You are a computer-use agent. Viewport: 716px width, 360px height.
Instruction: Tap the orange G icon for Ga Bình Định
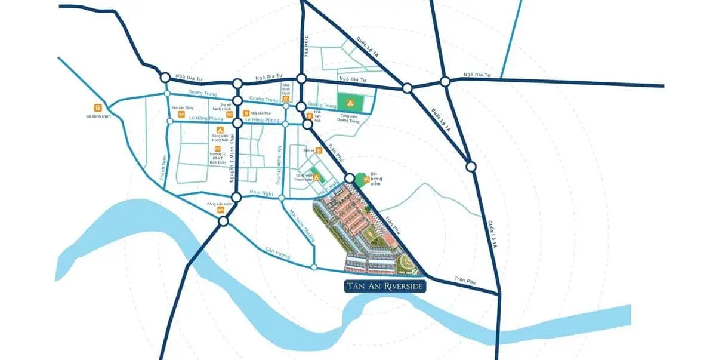coord(98,107)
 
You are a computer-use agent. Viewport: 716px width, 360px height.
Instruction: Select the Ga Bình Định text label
coord(98,116)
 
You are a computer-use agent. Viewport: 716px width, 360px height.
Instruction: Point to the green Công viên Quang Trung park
coord(349,101)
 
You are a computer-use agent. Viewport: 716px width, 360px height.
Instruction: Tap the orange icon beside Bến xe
coord(319,150)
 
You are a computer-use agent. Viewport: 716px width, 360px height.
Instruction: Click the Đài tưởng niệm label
coord(375,180)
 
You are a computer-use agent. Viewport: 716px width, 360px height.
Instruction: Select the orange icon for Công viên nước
coord(220,210)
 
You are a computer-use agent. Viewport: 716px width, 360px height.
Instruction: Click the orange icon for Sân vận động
coord(181,114)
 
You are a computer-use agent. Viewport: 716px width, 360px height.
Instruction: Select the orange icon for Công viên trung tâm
coord(220,130)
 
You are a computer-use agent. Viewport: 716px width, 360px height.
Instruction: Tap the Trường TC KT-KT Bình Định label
coord(217,158)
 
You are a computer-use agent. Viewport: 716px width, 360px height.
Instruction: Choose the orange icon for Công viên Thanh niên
coord(317,177)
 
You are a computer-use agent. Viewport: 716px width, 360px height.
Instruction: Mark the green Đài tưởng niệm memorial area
coord(360,179)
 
